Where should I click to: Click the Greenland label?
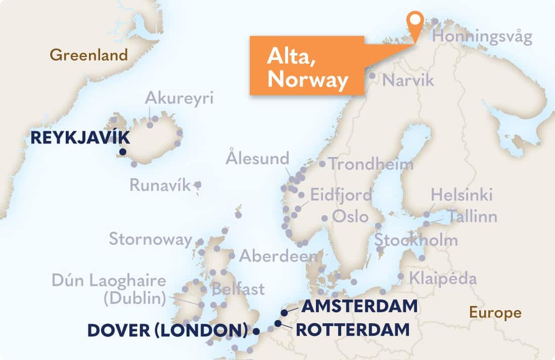coord(89,55)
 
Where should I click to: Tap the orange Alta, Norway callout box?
coord(307,66)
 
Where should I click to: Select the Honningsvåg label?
coord(482,37)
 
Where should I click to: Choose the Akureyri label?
coord(179,98)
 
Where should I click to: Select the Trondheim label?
coord(370,164)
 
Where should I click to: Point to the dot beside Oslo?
coord(325,218)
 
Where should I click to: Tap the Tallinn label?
coord(472,216)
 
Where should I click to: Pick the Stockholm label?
coord(415,240)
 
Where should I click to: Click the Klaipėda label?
coord(442,278)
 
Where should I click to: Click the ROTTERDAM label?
coord(352,330)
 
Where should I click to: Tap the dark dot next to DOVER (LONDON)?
coord(256,332)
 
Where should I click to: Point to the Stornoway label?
coord(151,239)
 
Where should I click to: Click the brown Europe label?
coord(495,312)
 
